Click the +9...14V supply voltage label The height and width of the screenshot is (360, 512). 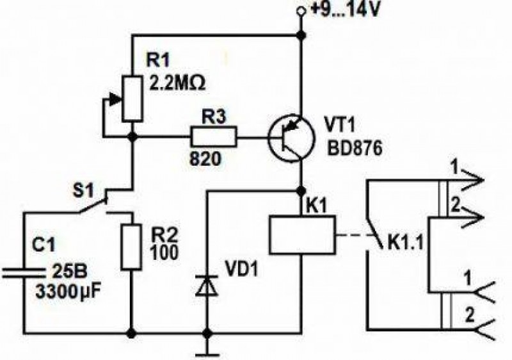345,9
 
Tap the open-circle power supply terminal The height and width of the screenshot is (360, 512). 300,12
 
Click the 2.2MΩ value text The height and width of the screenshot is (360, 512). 177,84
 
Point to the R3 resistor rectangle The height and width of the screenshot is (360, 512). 214,137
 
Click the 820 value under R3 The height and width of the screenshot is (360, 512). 205,160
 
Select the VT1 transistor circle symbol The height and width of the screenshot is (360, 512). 291,138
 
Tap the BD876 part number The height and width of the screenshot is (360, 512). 355,149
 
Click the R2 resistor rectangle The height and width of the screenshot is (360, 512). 132,247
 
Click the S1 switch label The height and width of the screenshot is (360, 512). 83,191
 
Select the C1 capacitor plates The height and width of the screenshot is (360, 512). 24,273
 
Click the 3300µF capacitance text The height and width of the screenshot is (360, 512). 68,291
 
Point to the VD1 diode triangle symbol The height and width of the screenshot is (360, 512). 206,286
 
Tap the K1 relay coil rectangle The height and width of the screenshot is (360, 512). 302,234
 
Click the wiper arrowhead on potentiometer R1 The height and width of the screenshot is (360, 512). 115,99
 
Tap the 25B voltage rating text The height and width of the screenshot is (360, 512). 70,272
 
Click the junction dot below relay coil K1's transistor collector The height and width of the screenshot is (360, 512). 301,190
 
